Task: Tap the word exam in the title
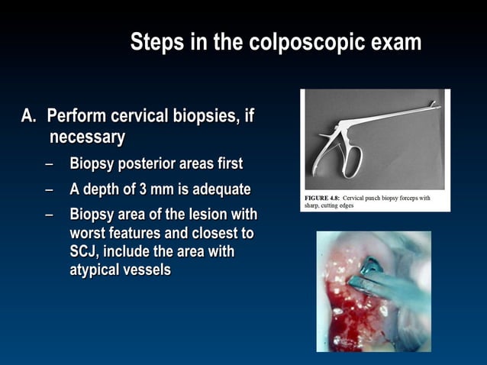pos(393,43)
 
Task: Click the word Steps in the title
pos(156,43)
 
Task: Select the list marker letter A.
pos(29,117)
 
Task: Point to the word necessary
pos(87,138)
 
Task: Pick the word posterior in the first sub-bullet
pos(148,163)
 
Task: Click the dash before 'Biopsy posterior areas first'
pos(50,164)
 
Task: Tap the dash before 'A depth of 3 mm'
pos(50,189)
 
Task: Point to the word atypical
pos(95,270)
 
